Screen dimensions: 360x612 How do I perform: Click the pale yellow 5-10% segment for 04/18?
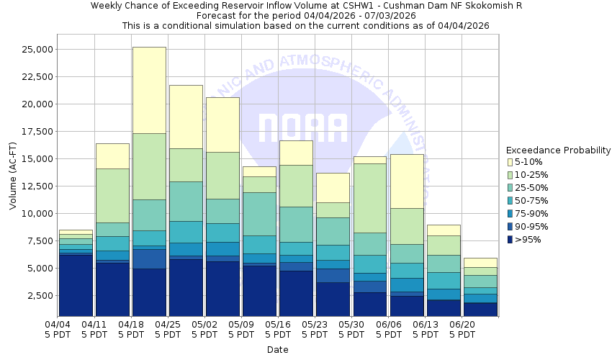click(149, 90)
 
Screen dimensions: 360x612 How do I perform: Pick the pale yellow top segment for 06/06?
click(408, 181)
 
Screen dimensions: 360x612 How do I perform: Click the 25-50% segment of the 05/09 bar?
click(260, 214)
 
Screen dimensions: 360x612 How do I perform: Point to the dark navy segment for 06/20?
click(481, 310)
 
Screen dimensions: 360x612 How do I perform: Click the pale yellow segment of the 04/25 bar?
click(186, 117)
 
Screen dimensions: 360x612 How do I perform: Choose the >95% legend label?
click(528, 240)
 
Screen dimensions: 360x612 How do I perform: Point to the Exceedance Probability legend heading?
click(558, 150)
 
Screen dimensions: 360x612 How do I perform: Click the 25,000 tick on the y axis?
click(35, 50)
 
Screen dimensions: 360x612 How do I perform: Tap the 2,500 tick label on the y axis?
click(37, 296)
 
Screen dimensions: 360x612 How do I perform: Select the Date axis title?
click(278, 350)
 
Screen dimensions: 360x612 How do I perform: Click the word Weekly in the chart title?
click(107, 6)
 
